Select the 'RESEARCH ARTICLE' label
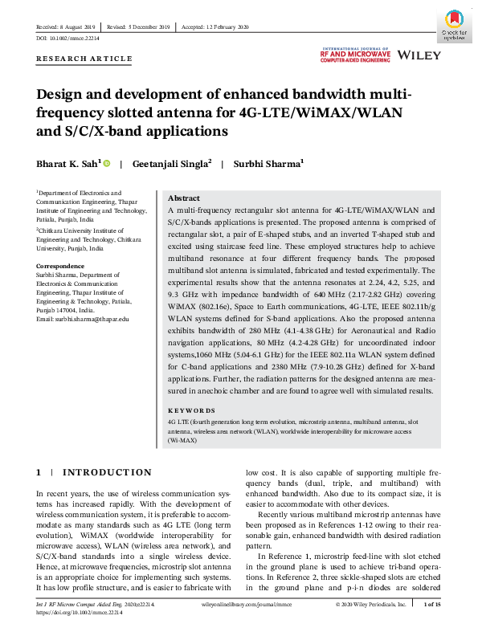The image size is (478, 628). pyautogui.click(x=84, y=59)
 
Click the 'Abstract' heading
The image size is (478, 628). pyautogui.click(x=184, y=198)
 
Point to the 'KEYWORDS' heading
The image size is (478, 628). pyautogui.click(x=193, y=410)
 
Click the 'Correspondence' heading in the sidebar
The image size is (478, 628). pyautogui.click(x=61, y=265)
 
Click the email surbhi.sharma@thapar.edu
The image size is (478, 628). pyautogui.click(x=83, y=319)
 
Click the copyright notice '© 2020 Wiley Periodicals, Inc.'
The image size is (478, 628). pyautogui.click(x=367, y=605)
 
